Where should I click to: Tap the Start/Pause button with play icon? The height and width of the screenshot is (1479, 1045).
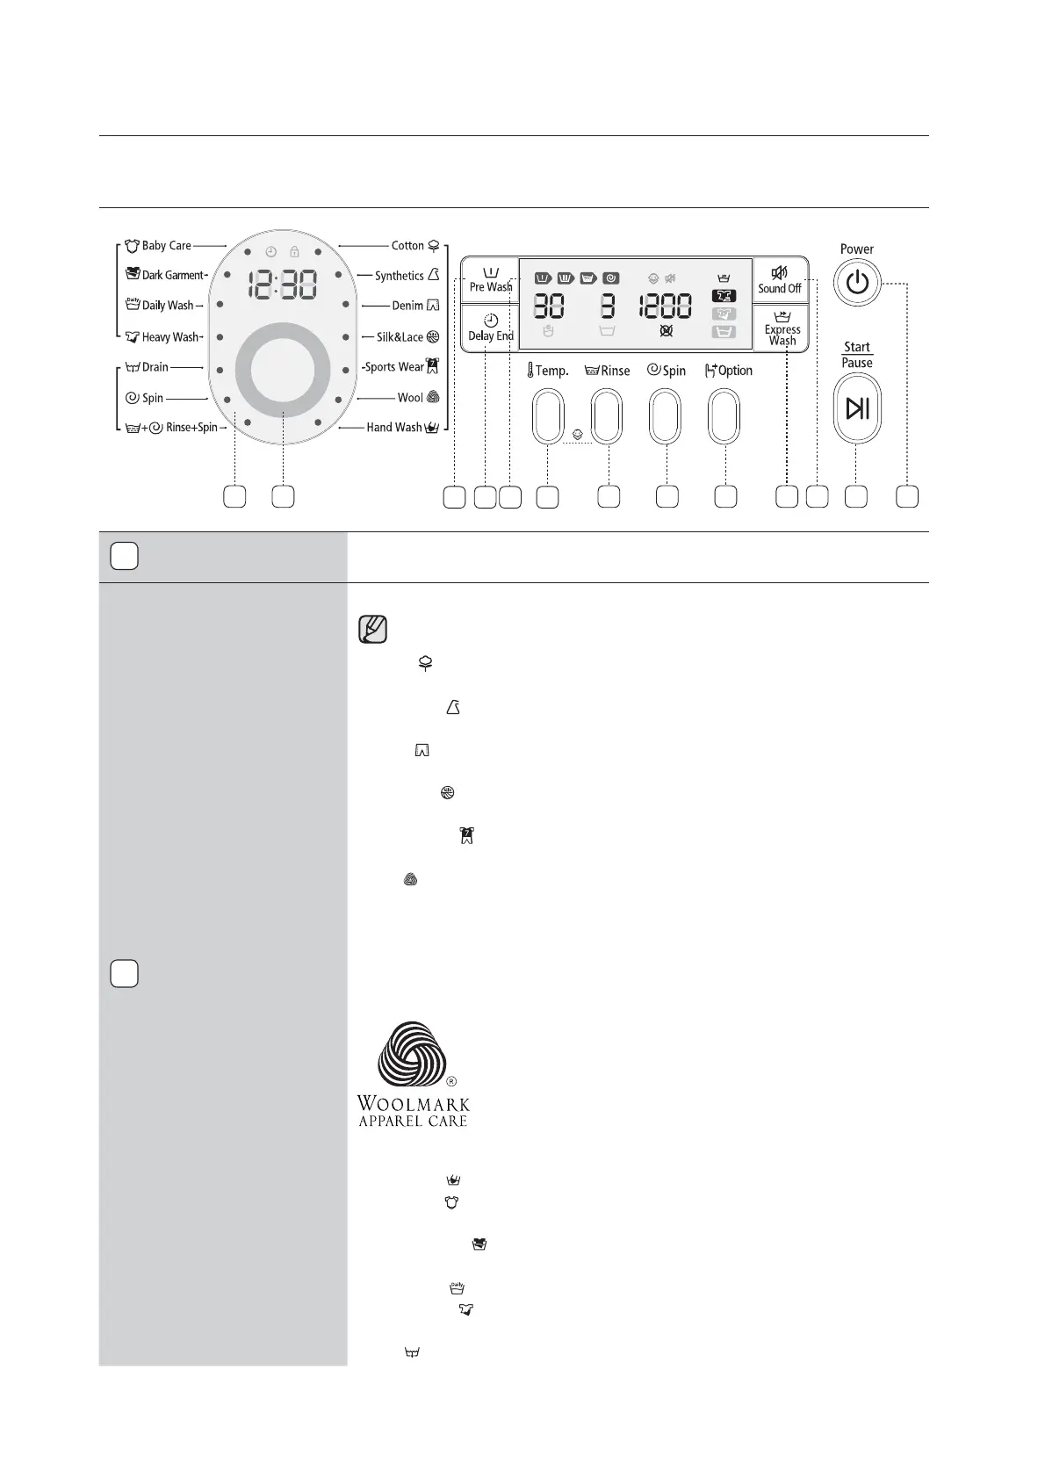(x=857, y=408)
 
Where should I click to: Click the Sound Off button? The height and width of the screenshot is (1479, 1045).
(x=780, y=280)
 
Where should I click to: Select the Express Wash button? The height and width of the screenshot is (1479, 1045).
(x=782, y=328)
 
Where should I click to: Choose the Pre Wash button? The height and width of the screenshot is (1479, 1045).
(x=490, y=280)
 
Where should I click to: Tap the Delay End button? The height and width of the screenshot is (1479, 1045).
(x=490, y=328)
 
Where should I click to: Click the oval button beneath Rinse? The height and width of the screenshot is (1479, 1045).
(x=607, y=417)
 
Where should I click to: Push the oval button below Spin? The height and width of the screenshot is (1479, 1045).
(x=665, y=417)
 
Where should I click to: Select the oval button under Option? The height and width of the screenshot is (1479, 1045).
(x=724, y=417)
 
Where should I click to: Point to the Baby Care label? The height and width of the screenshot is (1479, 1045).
(x=166, y=246)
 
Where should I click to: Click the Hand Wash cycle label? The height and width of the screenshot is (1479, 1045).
(x=394, y=428)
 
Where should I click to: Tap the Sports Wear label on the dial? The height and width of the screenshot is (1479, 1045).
(x=394, y=367)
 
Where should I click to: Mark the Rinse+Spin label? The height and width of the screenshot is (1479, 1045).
(x=191, y=428)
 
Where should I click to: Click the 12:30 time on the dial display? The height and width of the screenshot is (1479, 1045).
(x=282, y=285)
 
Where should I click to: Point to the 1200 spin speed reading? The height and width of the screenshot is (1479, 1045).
(x=665, y=307)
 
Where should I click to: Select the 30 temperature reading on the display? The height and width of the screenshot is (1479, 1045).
(x=549, y=307)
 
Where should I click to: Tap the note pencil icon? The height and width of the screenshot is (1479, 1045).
(x=372, y=630)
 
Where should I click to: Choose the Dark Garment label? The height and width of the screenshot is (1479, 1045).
(x=172, y=275)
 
